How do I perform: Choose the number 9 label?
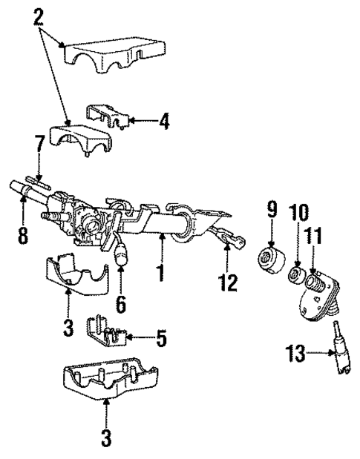(x=272, y=210)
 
